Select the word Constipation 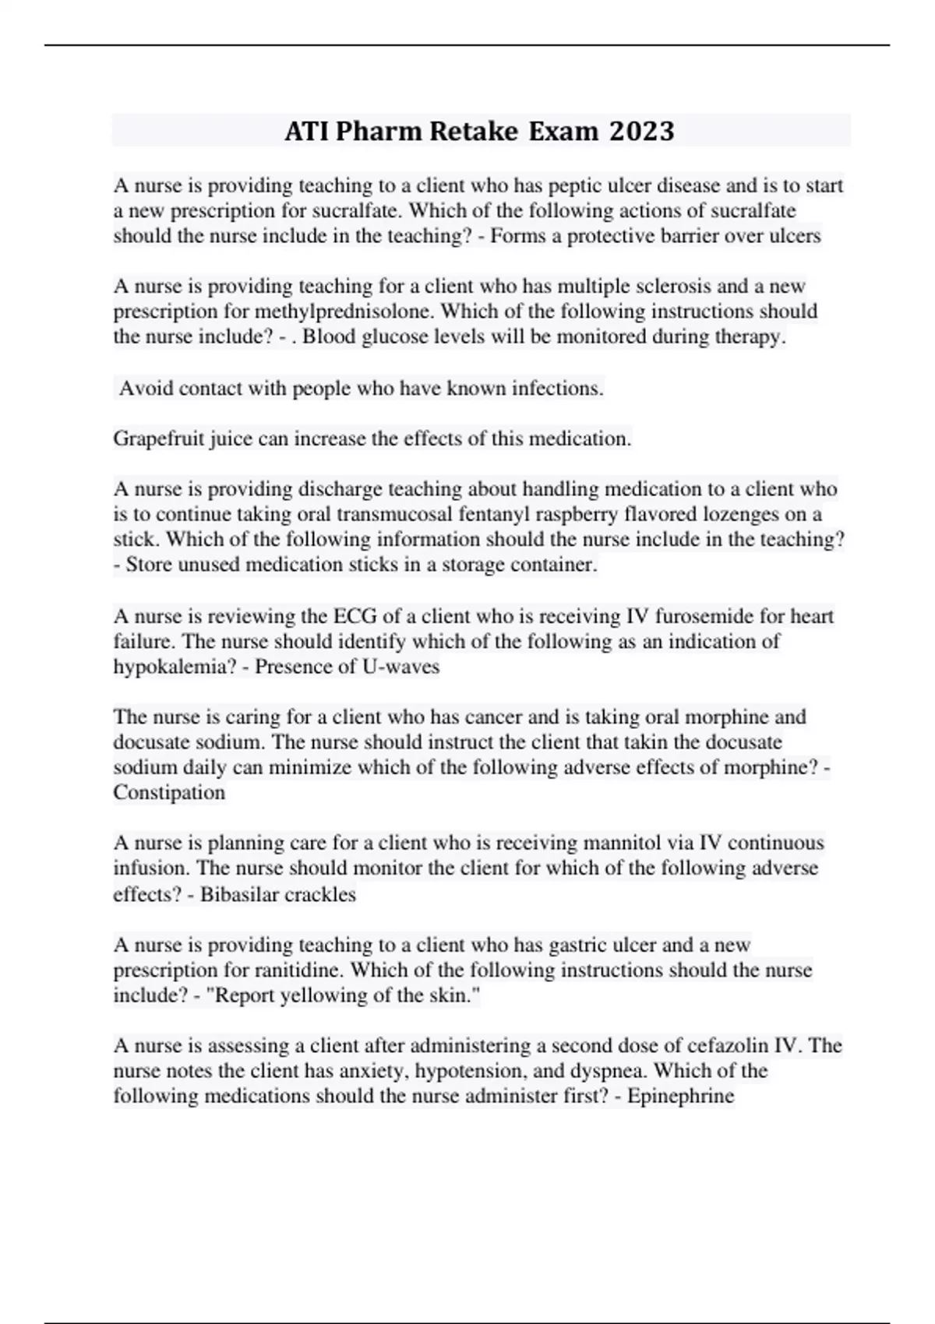169,793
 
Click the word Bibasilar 236,894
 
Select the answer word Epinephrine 681,1097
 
